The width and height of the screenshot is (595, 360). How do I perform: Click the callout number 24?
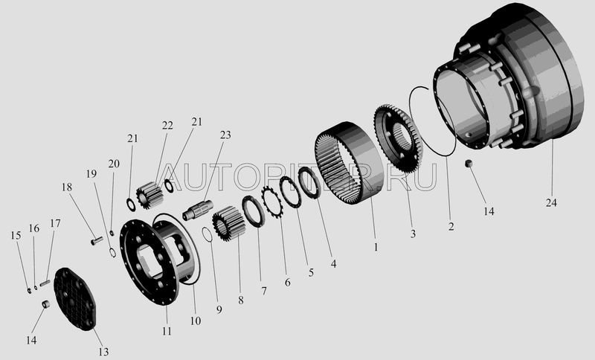pos(551,203)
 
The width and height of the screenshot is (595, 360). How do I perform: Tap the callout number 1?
pos(376,248)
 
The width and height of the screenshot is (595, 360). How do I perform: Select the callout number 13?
pos(103,352)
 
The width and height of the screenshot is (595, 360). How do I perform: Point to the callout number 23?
pos(225,135)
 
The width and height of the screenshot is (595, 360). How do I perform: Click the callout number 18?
pos(67,187)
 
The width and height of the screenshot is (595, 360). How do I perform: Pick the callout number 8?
pos(240,300)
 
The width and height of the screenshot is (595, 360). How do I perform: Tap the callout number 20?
pos(114,164)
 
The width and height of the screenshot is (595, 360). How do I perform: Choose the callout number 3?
pos(413,234)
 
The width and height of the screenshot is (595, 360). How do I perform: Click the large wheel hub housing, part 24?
pos(509,76)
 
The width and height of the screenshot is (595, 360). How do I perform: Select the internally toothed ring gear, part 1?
pos(349,163)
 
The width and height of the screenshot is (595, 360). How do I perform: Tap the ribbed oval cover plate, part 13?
pos(75,298)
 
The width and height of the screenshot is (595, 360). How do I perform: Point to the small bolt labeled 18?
pos(97,240)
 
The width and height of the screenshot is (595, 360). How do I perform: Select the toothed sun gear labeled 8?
pos(228,223)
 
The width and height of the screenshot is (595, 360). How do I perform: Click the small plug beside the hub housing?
pos(469,164)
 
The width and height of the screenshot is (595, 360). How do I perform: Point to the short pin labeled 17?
pos(45,283)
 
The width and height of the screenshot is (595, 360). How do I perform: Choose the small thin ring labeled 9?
pos(208,234)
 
